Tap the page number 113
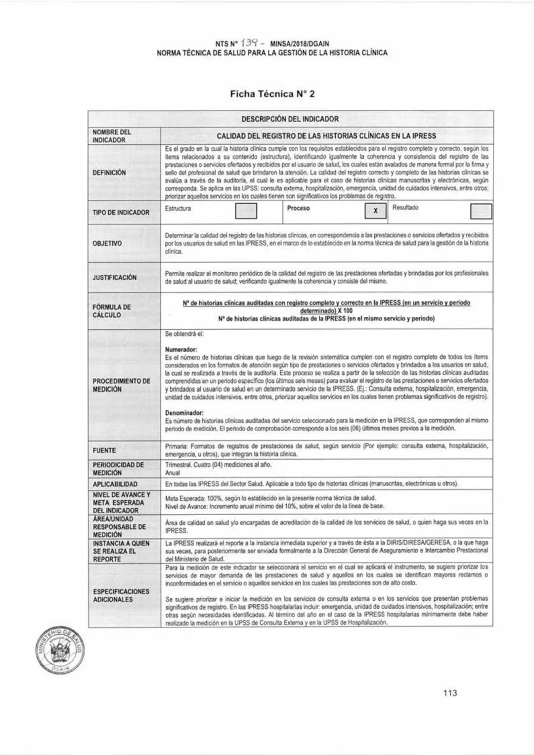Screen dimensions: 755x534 point(450,693)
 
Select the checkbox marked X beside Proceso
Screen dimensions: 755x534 point(375,211)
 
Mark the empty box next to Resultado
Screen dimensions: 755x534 point(481,211)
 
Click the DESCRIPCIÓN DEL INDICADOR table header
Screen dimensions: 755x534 point(290,119)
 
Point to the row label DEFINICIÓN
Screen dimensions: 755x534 point(109,173)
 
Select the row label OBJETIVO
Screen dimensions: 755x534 point(107,244)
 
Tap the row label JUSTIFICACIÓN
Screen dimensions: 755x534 point(115,277)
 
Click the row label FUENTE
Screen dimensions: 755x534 point(104,450)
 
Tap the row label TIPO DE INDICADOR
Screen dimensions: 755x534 point(121,213)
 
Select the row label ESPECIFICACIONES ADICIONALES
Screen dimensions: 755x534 point(121,595)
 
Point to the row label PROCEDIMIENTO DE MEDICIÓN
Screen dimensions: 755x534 point(121,385)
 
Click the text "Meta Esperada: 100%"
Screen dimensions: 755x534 point(197,498)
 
